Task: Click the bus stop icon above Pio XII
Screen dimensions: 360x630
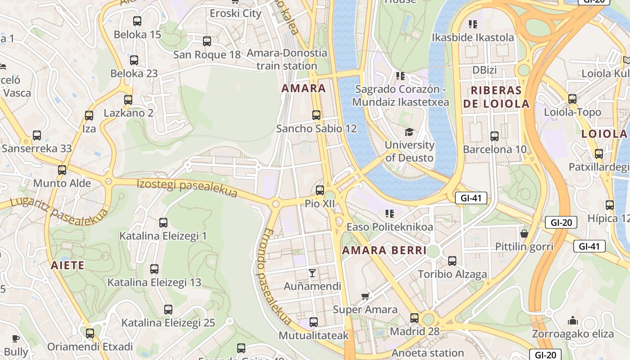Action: (x=320, y=190)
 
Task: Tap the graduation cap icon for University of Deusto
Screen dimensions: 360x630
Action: (x=409, y=132)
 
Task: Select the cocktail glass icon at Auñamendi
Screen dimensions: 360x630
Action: (x=312, y=273)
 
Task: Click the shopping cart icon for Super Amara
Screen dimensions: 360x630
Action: (x=365, y=296)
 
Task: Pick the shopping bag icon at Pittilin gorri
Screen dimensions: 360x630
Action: (x=524, y=233)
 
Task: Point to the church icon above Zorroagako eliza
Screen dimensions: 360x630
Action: (x=573, y=320)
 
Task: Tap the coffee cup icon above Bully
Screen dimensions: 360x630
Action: (x=16, y=338)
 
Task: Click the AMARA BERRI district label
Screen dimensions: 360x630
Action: (x=384, y=251)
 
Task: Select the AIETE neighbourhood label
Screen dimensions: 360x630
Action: (x=67, y=265)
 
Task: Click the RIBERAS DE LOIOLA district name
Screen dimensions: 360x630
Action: (x=496, y=97)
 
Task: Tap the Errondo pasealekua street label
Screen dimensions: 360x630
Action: (x=274, y=277)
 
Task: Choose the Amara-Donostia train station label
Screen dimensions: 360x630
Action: (x=287, y=59)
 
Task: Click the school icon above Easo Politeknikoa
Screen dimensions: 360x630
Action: (x=389, y=213)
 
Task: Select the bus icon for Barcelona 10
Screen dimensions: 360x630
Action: (x=495, y=136)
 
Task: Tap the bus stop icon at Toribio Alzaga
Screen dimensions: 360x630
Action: (x=452, y=261)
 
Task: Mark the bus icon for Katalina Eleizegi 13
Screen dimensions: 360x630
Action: (x=154, y=269)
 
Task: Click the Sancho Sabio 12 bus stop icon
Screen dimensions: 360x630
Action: (x=316, y=115)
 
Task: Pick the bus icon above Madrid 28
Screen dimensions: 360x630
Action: (x=414, y=318)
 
